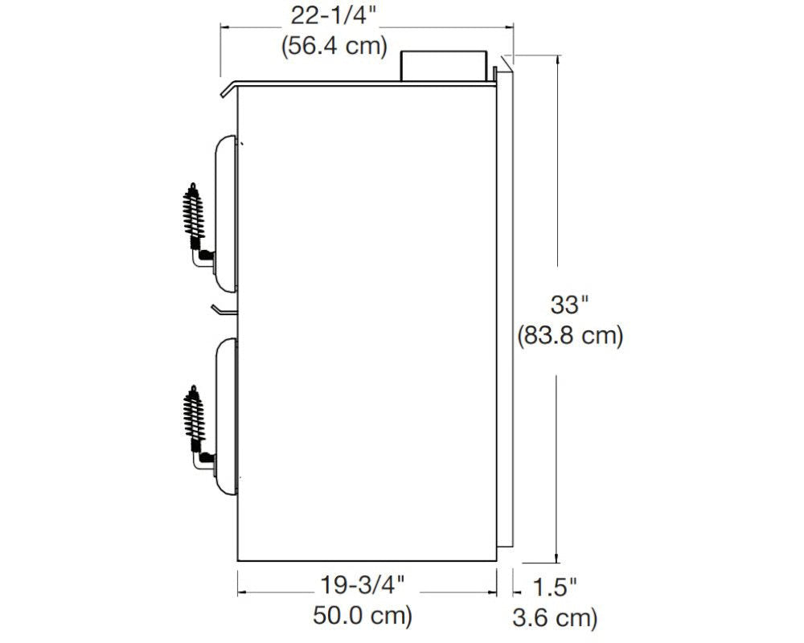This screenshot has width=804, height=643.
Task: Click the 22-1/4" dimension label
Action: point(334,16)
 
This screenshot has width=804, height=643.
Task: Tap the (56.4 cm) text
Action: point(334,46)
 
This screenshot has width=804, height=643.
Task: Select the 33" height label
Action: point(569,305)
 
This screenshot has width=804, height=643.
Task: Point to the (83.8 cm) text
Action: point(570,337)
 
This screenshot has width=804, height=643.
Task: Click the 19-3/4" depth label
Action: point(363,584)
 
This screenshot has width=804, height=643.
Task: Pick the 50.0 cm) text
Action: point(363,616)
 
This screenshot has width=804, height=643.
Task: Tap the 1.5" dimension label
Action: point(554,587)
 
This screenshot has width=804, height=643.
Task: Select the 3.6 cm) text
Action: point(555,617)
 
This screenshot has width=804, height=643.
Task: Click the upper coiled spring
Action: point(193,211)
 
